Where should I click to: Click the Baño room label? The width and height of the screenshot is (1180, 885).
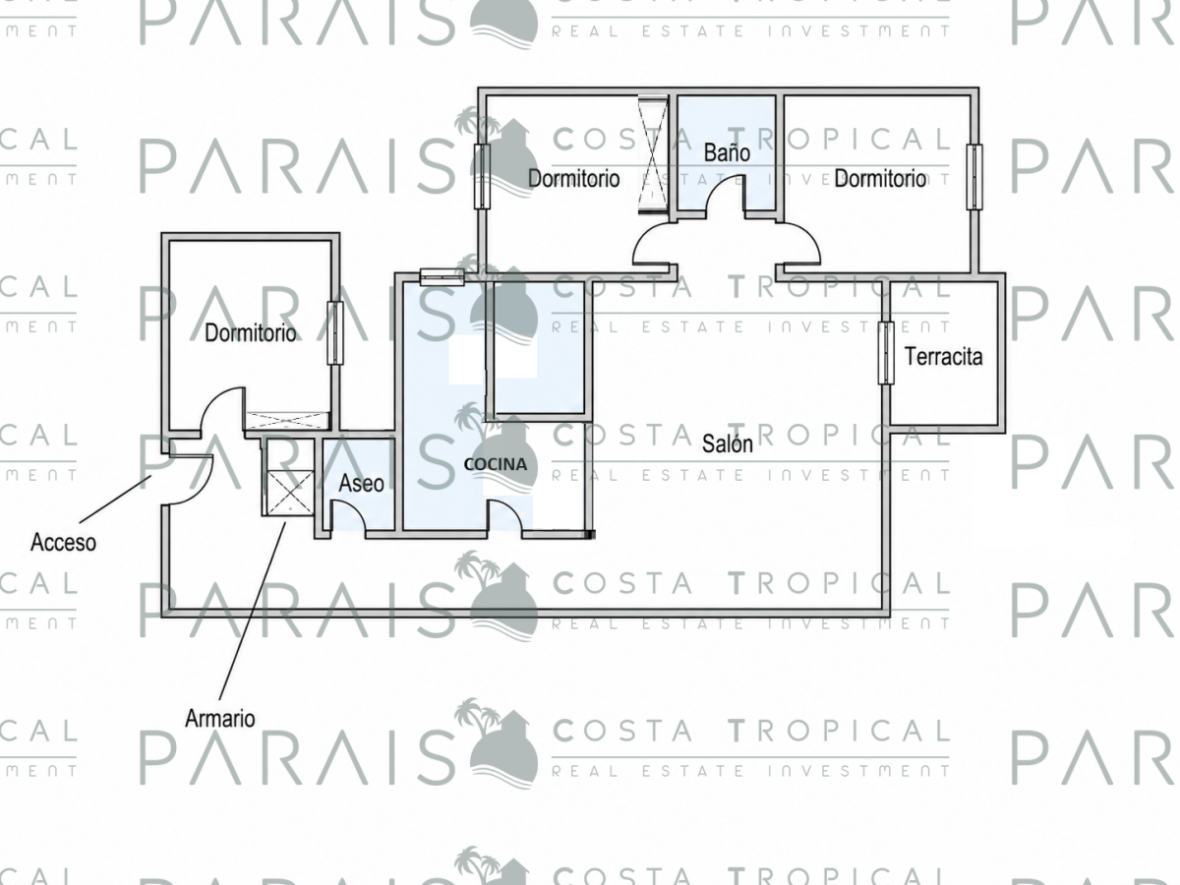tap(727, 153)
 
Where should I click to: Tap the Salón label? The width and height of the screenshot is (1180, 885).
tap(728, 443)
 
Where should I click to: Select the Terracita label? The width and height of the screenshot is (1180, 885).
tap(943, 357)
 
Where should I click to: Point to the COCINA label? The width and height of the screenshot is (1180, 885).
tap(496, 464)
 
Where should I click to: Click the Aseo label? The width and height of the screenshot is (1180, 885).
tap(361, 484)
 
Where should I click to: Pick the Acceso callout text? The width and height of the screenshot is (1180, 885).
tap(64, 542)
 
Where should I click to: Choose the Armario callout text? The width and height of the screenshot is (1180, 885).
tap(220, 719)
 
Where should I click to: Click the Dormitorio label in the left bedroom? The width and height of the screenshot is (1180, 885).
tap(251, 333)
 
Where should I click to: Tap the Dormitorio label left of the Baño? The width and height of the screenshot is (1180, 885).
tap(573, 178)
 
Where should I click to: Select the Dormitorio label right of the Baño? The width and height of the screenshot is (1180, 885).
tap(880, 178)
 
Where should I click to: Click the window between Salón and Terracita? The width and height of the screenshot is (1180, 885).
tap(886, 353)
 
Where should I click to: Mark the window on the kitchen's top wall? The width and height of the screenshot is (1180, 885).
tap(442, 276)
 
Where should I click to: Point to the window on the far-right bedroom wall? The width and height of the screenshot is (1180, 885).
tap(974, 177)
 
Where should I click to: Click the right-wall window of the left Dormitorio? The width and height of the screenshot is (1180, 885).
tap(335, 333)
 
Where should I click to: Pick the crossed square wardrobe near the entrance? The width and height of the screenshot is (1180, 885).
tap(290, 493)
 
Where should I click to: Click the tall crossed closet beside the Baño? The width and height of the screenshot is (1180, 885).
tap(653, 154)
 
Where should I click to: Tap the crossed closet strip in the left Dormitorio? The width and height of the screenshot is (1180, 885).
tap(287, 420)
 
